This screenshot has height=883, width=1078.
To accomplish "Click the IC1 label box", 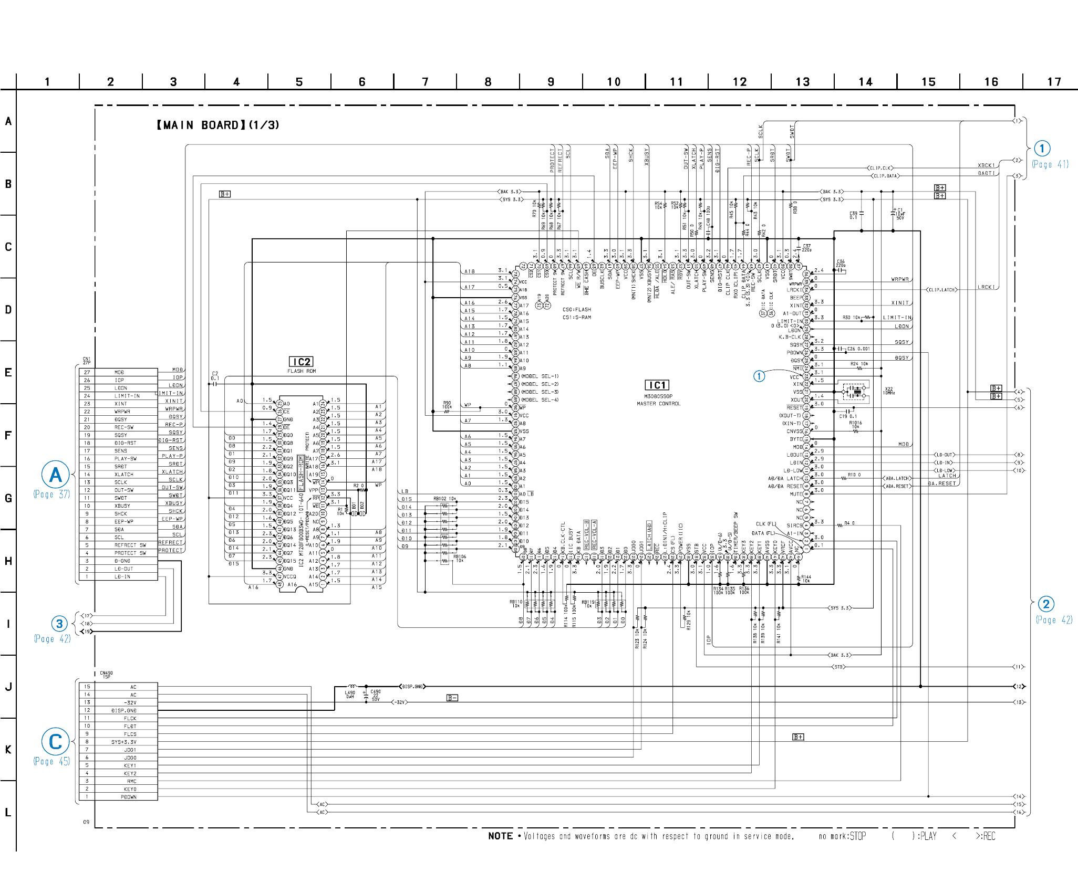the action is pos(657,385).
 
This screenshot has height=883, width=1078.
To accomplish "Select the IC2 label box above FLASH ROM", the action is pos(302,362).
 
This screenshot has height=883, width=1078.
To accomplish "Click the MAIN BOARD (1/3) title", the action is pos(217,125).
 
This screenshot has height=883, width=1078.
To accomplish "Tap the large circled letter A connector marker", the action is pos(55,475).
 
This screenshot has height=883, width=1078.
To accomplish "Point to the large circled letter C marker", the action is pos(55,742).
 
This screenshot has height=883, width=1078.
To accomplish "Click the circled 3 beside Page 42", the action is pos(59,624).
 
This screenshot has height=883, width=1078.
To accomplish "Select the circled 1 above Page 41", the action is pos(1042,148).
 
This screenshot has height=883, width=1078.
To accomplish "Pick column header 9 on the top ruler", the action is pos(551,82).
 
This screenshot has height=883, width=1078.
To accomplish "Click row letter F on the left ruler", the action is pos(8,435).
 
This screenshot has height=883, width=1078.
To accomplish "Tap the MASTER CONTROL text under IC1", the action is pos(658,404).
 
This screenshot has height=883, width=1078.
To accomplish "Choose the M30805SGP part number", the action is pos(658,396).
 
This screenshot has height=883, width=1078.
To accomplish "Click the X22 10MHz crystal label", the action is pos(888,391).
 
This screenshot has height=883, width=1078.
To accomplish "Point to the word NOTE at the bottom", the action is pos(500,836).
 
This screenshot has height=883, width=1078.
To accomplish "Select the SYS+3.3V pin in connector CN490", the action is pos(123,742).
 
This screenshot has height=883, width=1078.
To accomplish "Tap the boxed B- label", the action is pos(452,698).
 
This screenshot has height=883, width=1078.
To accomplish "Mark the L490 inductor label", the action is pos(350,694).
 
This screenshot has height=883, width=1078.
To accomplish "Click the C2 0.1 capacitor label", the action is pos(215,376).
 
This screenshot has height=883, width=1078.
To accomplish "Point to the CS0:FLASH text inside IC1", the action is pos(576,310).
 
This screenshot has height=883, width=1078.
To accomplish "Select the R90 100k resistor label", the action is pos(447,405).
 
